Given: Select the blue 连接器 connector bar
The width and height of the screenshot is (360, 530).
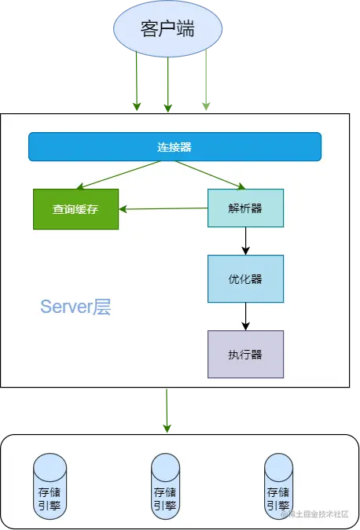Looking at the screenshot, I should (x=174, y=147).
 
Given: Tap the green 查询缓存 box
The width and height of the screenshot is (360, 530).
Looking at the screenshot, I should (x=75, y=209).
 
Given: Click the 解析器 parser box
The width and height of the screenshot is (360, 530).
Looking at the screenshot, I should (x=245, y=208).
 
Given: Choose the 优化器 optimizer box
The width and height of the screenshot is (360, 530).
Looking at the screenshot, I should (x=245, y=278).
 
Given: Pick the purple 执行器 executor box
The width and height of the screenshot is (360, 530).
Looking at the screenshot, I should (x=245, y=354).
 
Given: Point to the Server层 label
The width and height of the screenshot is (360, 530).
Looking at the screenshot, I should (x=75, y=307).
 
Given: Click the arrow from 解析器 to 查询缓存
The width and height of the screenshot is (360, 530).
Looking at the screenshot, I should (x=163, y=208).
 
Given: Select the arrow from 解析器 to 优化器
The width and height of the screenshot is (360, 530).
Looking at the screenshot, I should (x=245, y=241).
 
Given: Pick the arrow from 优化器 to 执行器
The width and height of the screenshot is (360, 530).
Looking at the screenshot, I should (x=245, y=316).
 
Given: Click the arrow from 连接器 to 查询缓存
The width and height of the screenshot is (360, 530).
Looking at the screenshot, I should (x=118, y=175).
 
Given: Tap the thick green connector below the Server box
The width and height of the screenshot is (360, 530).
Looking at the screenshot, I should (x=166, y=410).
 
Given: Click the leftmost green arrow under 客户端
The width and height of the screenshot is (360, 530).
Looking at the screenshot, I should (x=137, y=83).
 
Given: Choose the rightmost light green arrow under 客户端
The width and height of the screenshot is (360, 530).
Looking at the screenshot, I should (x=206, y=83).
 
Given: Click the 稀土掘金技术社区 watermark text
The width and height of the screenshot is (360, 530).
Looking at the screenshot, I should (x=316, y=513).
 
